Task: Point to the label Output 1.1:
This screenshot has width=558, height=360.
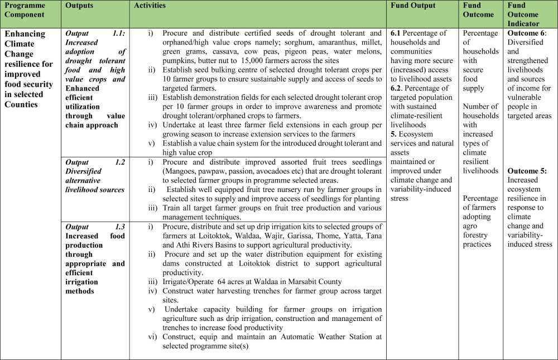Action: tap(95, 33)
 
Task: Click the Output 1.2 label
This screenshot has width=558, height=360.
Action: tap(95, 162)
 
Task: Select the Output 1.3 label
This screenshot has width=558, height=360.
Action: tap(95, 227)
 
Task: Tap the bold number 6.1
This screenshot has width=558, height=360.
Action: tap(396, 33)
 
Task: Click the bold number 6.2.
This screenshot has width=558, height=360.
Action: tap(396, 88)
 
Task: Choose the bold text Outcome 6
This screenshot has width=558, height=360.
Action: tap(526, 33)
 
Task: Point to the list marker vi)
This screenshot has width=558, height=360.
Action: tap(152, 337)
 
